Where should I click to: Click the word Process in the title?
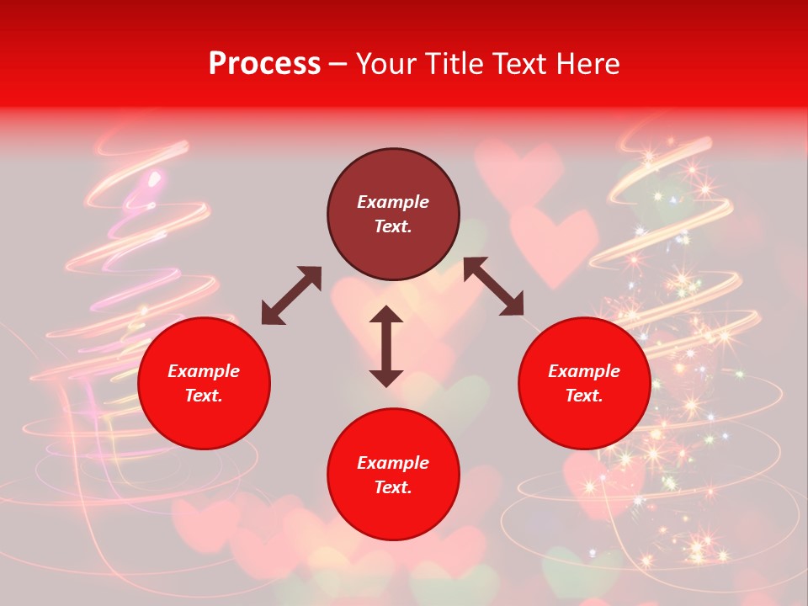[x=264, y=64]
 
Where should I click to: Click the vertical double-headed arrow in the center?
[x=386, y=346]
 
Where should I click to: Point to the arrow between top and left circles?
[x=291, y=295]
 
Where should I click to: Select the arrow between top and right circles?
[x=493, y=287]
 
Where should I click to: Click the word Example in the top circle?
[x=393, y=202]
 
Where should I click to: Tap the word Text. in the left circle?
[x=204, y=396]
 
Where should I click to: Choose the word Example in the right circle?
[x=584, y=371]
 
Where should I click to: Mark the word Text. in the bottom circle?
[x=393, y=488]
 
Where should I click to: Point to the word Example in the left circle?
[x=204, y=371]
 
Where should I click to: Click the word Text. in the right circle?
[x=584, y=396]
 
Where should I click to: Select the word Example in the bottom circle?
[x=393, y=463]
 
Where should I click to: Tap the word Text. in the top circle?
[x=393, y=227]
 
